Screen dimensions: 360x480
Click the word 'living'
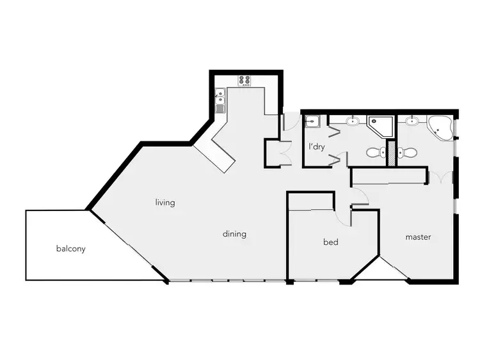tap(165, 203)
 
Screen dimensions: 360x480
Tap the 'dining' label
tap(234, 234)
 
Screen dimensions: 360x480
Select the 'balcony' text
tap(70, 249)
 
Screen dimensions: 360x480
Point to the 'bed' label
tap(330, 242)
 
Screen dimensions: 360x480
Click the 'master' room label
tap(418, 237)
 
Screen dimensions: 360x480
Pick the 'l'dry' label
tap(317, 146)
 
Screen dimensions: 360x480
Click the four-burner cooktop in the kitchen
tap(245, 80)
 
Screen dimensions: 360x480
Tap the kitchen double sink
tap(220, 98)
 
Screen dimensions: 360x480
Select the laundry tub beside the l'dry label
tap(312, 121)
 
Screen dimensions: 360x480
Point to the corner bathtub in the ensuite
tap(441, 127)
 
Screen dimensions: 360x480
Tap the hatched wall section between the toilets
tap(390, 155)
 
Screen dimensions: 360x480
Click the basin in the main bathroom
tap(353, 121)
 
